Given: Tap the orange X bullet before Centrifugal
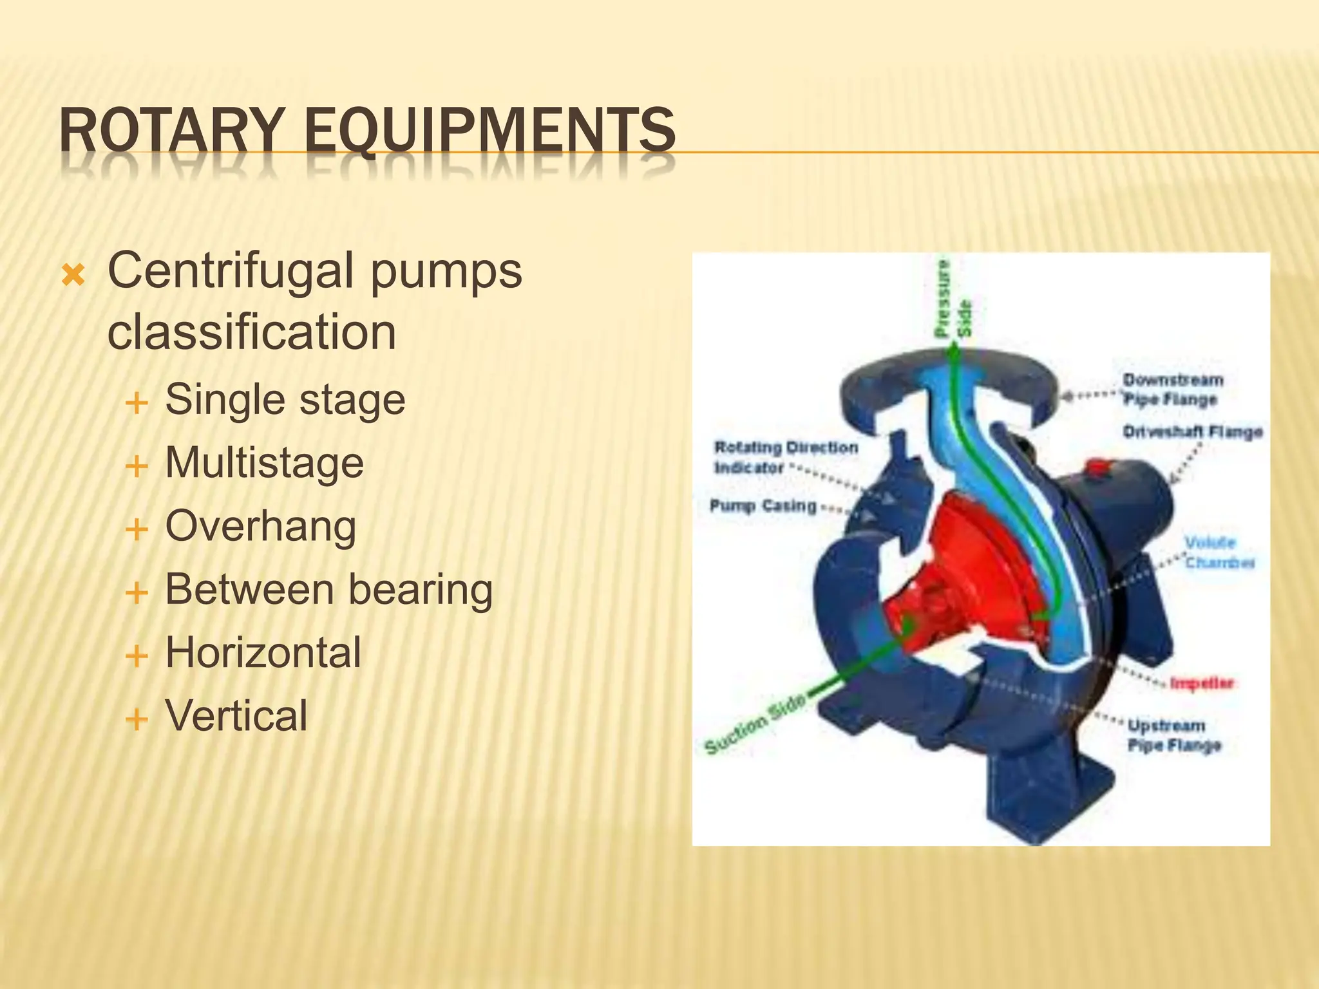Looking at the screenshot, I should pyautogui.click(x=73, y=276).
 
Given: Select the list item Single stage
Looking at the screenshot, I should pyautogui.click(x=285, y=399).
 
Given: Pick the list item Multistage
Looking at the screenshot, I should pyautogui.click(x=264, y=462).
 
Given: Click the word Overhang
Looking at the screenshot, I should pyautogui.click(x=260, y=526).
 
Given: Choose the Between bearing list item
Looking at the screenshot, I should pyautogui.click(x=328, y=589).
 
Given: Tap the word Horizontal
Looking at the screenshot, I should pyautogui.click(x=263, y=652).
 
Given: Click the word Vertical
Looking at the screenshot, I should pyautogui.click(x=236, y=715).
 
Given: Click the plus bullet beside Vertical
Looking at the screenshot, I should pyautogui.click(x=137, y=718).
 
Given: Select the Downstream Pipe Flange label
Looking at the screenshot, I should pyautogui.click(x=1172, y=390).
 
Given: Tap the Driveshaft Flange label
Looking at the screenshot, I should pyautogui.click(x=1192, y=431).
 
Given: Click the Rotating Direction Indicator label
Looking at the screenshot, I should pyautogui.click(x=785, y=457).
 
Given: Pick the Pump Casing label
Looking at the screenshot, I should pyautogui.click(x=763, y=506).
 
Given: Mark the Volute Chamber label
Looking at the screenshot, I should pyautogui.click(x=1219, y=552).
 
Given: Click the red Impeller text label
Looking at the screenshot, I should pyautogui.click(x=1201, y=683).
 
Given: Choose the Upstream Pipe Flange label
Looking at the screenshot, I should pyautogui.click(x=1173, y=735).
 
